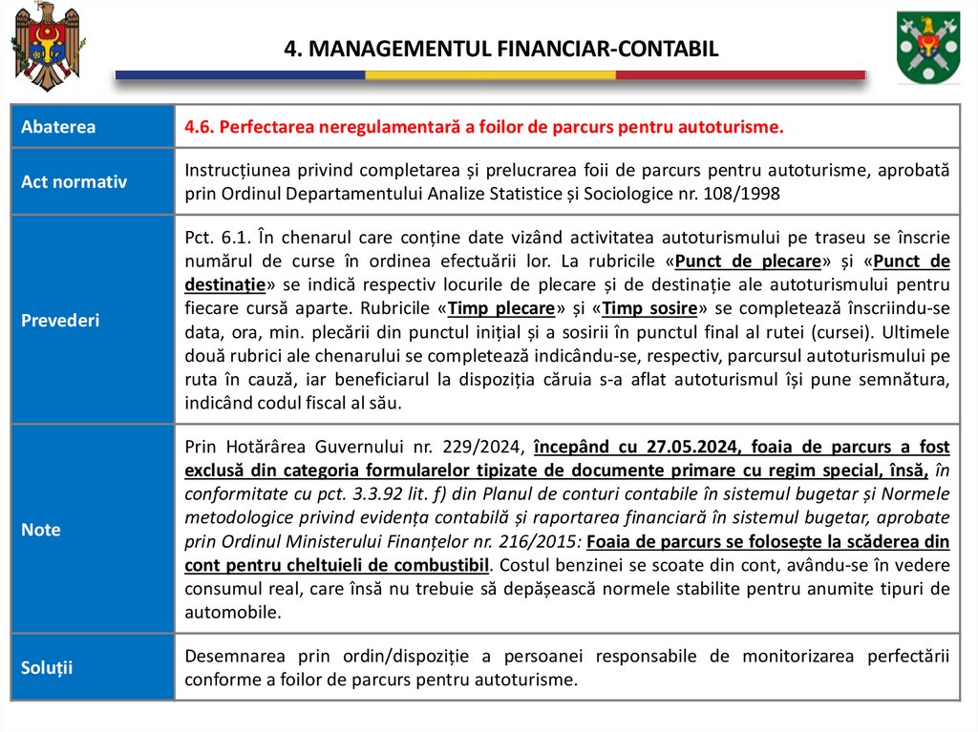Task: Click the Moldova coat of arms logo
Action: tap(48, 45)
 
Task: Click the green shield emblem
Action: tap(927, 48)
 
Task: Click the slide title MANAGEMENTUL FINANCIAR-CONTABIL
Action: tap(500, 49)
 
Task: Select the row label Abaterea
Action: tap(58, 126)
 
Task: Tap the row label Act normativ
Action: tap(74, 181)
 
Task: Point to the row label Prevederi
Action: tap(60, 321)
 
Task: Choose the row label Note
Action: tap(40, 530)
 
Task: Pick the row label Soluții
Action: tap(47, 667)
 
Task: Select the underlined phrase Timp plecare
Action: tap(501, 308)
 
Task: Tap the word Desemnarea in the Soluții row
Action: tap(230, 657)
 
